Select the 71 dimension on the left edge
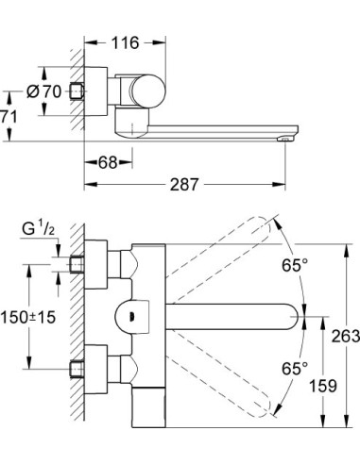[8, 117]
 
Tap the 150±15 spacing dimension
[26, 319]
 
